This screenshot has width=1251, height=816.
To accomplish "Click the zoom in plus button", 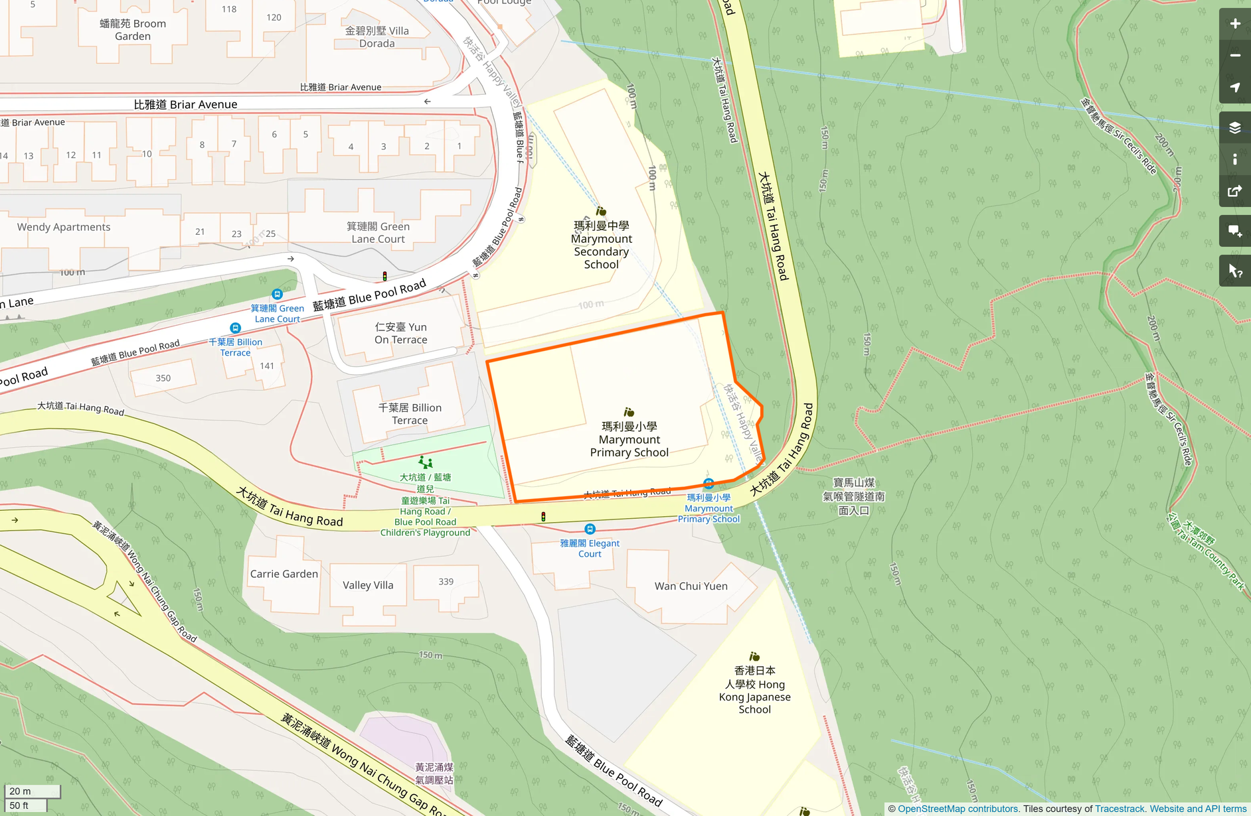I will tap(1234, 24).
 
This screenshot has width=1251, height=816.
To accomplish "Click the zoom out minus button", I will tap(1234, 56).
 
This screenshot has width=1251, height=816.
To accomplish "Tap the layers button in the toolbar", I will tap(1234, 127).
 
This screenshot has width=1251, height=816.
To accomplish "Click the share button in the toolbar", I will tap(1234, 192).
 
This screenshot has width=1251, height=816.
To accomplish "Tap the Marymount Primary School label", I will tap(629, 439).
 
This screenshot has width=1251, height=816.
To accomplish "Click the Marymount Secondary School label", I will tap(601, 245).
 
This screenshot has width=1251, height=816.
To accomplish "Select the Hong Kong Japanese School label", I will tap(754, 690).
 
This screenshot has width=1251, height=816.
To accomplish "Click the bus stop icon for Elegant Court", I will tap(590, 529).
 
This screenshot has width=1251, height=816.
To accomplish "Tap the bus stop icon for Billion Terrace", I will tap(235, 328).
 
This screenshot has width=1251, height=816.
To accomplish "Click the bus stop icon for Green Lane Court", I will tap(277, 294).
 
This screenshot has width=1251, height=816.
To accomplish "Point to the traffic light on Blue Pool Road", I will tap(384, 276).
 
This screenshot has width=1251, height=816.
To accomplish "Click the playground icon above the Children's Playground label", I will tap(426, 462).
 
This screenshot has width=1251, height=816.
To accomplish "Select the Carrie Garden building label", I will tap(284, 574).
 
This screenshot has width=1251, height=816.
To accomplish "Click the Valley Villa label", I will tap(368, 585).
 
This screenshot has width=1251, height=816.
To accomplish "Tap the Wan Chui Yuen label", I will tap(691, 586).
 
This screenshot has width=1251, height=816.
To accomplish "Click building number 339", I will tap(446, 582).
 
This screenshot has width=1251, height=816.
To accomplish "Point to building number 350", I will tap(163, 378).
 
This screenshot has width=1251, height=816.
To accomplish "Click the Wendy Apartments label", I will tap(64, 227).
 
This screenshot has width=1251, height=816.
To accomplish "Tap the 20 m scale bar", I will tap(32, 791).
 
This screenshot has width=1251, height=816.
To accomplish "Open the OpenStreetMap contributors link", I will tap(958, 809).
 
